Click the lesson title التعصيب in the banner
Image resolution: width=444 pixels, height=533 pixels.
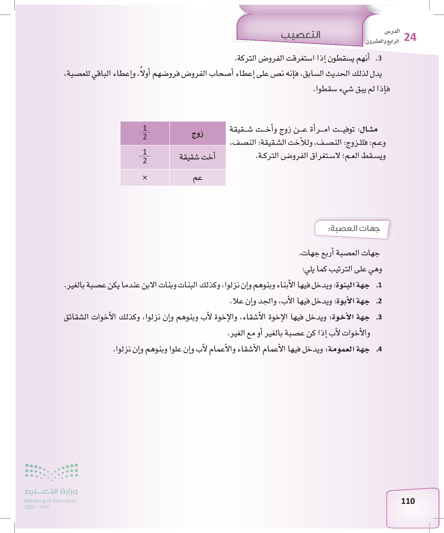pyautogui.click(x=301, y=35)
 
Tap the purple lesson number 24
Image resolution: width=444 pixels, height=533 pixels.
pyautogui.click(x=410, y=37)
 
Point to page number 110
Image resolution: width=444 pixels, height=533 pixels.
pyautogui.click(x=408, y=501)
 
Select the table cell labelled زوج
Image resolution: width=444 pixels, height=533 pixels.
pyautogui.click(x=197, y=133)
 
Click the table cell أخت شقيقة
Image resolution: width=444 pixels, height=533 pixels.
pyautogui.click(x=197, y=157)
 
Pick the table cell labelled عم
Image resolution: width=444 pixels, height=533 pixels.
pyautogui.click(x=197, y=178)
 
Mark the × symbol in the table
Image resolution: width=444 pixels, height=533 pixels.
pyautogui.click(x=145, y=178)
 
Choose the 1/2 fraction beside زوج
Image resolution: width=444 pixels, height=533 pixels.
pyautogui.click(x=145, y=132)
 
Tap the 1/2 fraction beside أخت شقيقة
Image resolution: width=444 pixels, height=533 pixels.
pyautogui.click(x=145, y=156)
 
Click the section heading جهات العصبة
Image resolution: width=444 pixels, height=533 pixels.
pyautogui.click(x=354, y=229)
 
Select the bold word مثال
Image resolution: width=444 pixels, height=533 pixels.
pyautogui.click(x=369, y=129)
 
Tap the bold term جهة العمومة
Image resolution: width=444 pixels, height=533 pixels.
pyautogui.click(x=349, y=349)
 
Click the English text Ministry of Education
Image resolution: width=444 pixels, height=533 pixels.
pyautogui.click(x=51, y=501)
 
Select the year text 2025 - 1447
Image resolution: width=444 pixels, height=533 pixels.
pyautogui.click(x=37, y=507)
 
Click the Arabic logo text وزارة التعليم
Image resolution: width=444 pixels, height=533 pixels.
pyautogui.click(x=51, y=491)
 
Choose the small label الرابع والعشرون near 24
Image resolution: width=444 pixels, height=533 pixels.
pyautogui.click(x=382, y=41)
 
